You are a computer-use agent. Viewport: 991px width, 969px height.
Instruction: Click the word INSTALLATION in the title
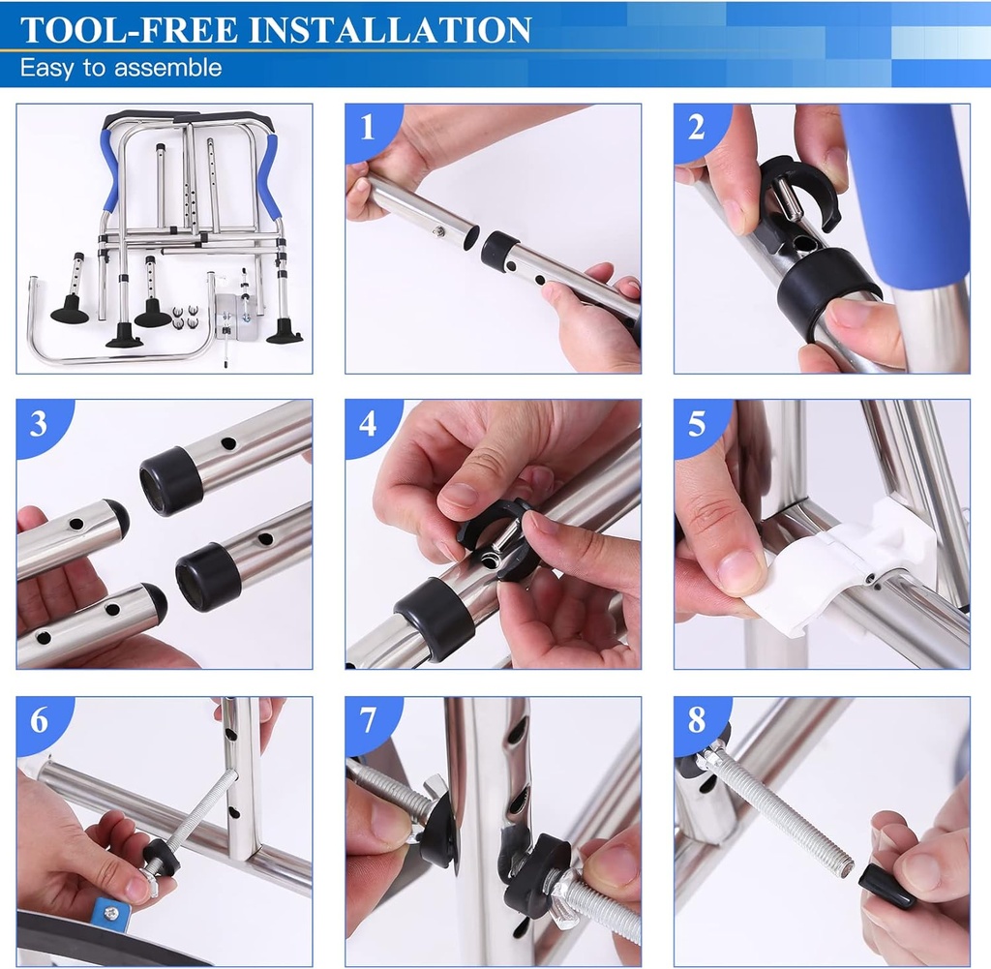[391, 29]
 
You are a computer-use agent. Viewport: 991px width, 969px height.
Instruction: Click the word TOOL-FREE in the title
[130, 29]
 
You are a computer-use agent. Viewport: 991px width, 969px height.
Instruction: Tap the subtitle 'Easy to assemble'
[121, 69]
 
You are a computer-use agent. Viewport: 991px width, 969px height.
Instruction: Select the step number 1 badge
[366, 126]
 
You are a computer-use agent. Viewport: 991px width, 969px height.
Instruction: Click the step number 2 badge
[695, 126]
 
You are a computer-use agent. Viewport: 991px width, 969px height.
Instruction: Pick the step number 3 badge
[38, 422]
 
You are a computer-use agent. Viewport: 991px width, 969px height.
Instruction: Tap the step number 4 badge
[367, 422]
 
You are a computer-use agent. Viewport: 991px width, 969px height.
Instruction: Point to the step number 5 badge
[695, 422]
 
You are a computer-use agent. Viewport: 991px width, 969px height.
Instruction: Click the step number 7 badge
[367, 719]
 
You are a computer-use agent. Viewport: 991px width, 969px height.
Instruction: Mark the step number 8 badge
[696, 719]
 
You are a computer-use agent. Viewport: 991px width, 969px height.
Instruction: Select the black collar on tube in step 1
[499, 251]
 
